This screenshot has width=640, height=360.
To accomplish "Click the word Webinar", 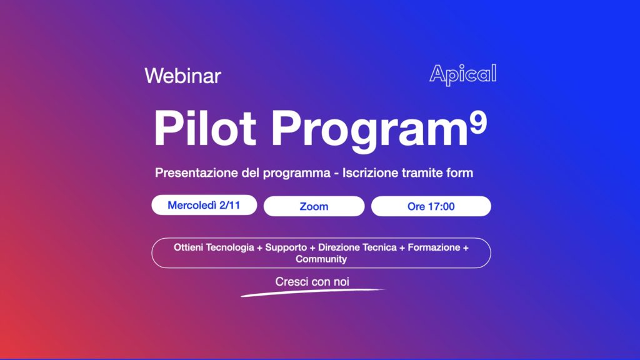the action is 182,76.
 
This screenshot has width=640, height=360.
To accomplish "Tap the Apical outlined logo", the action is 463,74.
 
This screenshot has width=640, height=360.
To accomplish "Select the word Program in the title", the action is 369,131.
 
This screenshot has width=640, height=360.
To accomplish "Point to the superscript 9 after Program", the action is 478,123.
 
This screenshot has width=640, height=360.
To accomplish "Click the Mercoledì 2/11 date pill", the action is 204,205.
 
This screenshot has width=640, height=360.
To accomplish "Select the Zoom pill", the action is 314,206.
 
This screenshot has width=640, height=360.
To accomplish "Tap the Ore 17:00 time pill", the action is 431,206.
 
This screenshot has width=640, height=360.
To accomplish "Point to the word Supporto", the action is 286,247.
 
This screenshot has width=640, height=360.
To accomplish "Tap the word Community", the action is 321,259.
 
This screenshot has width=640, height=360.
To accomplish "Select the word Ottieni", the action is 188,247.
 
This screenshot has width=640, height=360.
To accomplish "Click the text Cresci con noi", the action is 312,282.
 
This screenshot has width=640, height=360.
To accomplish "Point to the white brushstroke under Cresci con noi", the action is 312,292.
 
